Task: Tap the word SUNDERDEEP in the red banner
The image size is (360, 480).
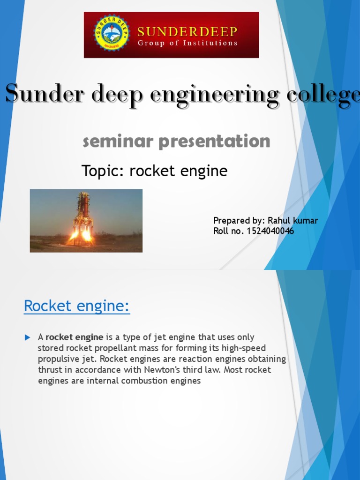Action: click(x=187, y=31)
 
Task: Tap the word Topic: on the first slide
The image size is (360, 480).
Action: click(x=104, y=171)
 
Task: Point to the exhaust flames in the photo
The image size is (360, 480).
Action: click(x=80, y=236)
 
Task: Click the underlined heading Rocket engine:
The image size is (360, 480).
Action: click(x=77, y=306)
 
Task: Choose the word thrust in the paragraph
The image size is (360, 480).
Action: click(x=49, y=370)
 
